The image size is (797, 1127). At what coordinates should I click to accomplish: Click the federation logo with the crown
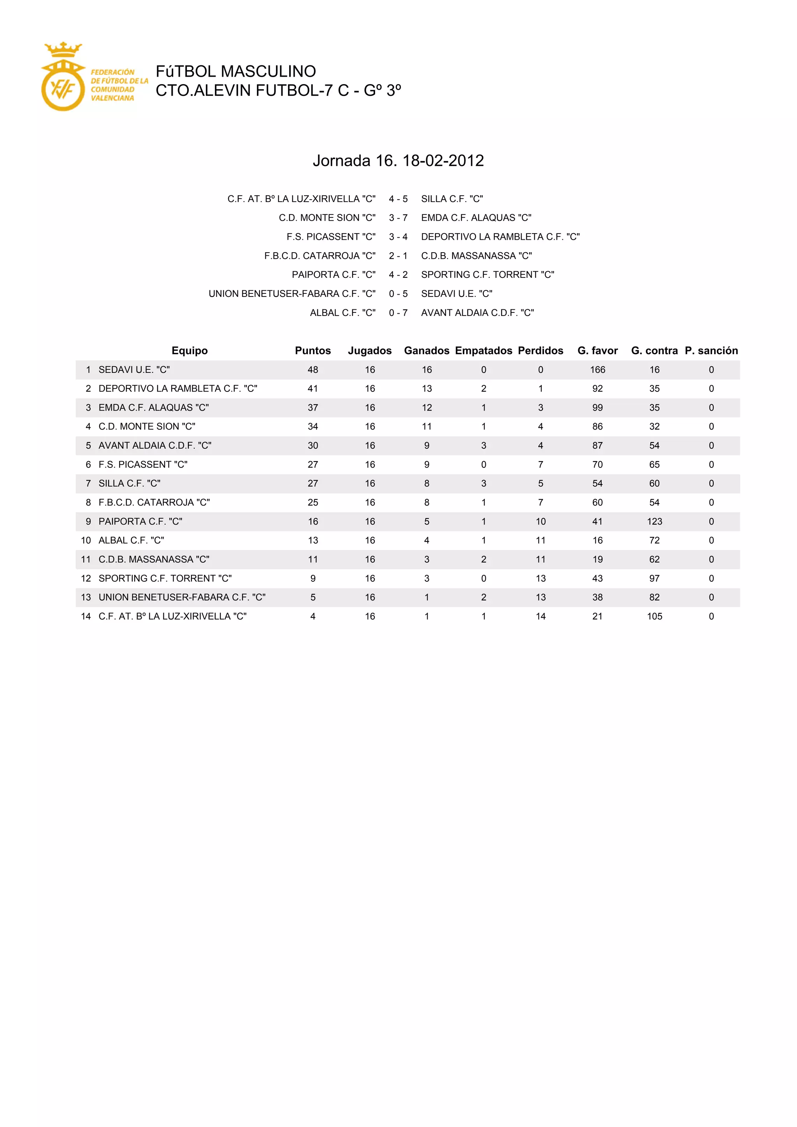click(x=63, y=77)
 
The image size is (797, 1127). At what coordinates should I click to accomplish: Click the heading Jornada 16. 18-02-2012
click(x=398, y=160)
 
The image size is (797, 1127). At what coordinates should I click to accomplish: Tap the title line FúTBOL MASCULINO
click(x=235, y=72)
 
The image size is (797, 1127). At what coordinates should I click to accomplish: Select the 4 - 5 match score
click(x=398, y=199)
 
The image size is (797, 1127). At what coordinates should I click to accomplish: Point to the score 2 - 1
click(x=398, y=256)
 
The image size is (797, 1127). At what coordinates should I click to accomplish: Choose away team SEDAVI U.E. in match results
click(x=456, y=293)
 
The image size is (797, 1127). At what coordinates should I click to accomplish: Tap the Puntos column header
click(x=312, y=351)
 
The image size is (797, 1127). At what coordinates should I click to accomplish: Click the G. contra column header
click(x=654, y=351)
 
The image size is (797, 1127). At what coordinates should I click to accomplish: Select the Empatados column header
click(x=483, y=351)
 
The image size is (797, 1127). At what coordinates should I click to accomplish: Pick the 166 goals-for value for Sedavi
click(x=597, y=370)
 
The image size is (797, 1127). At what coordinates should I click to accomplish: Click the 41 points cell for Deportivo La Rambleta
click(x=312, y=388)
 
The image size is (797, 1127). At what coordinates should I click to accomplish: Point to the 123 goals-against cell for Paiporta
click(x=654, y=521)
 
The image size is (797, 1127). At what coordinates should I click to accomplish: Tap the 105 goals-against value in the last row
click(x=654, y=616)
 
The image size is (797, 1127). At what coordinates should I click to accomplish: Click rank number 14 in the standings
click(x=86, y=616)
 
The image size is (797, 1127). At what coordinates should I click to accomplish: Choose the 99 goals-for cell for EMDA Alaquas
click(x=597, y=407)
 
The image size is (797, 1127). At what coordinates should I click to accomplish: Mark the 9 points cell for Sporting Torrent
click(x=312, y=578)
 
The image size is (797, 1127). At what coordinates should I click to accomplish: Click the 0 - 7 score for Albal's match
click(x=398, y=312)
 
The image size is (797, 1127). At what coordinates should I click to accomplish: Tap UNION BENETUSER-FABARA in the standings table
click(x=182, y=597)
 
